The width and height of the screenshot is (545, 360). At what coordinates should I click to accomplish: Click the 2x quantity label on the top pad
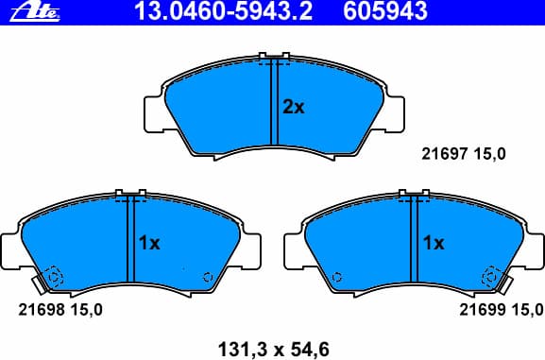pyautogui.click(x=294, y=108)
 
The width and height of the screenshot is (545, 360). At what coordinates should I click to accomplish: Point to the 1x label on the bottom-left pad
pyautogui.click(x=149, y=244)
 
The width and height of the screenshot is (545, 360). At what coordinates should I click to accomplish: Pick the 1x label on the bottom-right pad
pyautogui.click(x=434, y=244)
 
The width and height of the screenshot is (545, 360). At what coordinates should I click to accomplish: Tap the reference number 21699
pyautogui.click(x=480, y=310)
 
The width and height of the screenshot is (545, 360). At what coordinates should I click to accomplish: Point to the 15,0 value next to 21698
pyautogui.click(x=88, y=310)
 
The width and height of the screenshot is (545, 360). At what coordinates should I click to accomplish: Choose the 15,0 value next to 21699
pyautogui.click(x=528, y=310)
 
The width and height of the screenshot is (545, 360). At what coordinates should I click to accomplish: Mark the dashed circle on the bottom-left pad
pyautogui.click(x=53, y=277)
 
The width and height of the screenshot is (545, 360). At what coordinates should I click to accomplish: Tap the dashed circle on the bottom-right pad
pyautogui.click(x=491, y=277)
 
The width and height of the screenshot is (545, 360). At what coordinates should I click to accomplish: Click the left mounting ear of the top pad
pyautogui.click(x=152, y=113)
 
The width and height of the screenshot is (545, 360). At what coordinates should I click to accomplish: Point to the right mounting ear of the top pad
pyautogui.click(x=394, y=113)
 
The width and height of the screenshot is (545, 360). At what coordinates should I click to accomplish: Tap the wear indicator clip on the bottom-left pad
pyautogui.click(x=38, y=283)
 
